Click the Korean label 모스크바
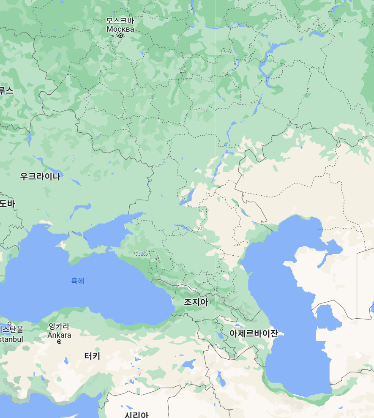pos(120,21)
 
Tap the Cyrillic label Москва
pos(120,29)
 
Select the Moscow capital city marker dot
pos(120,36)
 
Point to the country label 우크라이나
pos(40,177)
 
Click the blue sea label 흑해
pos(77,281)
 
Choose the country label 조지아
pos(196,302)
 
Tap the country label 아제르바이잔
pos(254,333)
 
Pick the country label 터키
pos(92,356)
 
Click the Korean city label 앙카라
pos(59,326)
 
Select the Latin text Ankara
pos(59,335)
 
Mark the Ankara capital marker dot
pos(59,342)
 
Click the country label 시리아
pos(136,414)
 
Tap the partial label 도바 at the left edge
pos(7,204)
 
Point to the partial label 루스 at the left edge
pos(6,90)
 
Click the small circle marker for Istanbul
pos(10,324)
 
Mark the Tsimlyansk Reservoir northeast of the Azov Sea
pos(187,197)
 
